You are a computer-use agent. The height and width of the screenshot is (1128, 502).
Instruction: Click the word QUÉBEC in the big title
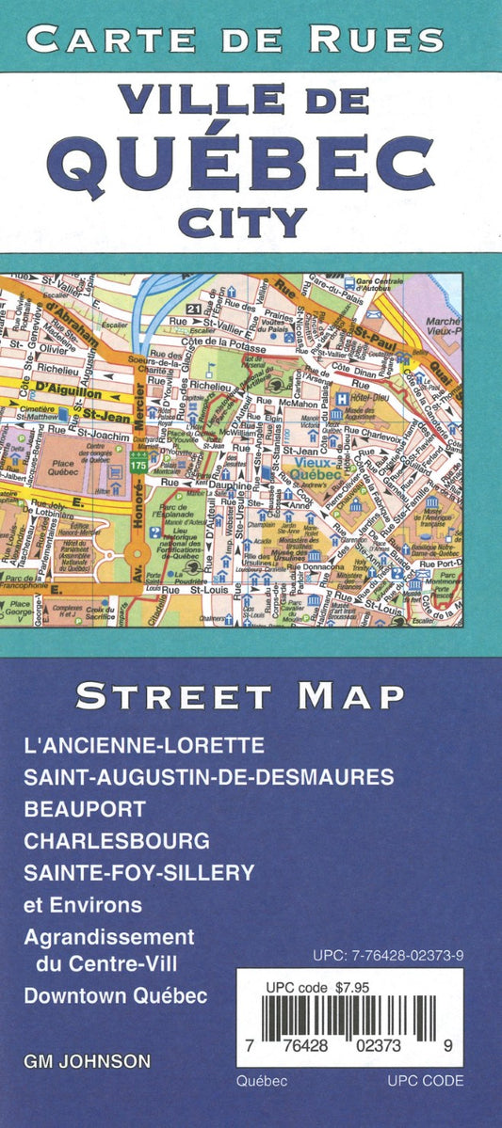(x=251, y=154)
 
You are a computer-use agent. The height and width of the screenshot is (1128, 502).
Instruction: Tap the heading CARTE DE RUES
(x=235, y=39)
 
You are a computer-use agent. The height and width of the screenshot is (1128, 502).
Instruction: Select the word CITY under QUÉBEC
(x=251, y=222)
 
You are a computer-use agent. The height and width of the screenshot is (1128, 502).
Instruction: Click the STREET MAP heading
(x=240, y=697)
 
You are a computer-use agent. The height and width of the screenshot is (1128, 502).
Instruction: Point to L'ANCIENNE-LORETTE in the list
(x=145, y=745)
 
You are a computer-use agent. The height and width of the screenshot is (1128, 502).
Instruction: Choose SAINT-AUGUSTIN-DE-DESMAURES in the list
(x=209, y=777)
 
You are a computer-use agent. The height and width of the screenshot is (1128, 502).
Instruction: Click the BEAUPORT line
(x=86, y=809)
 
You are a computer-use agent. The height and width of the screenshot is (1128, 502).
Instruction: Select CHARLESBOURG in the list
(x=118, y=841)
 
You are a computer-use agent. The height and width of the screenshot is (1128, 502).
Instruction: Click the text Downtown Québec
(x=116, y=995)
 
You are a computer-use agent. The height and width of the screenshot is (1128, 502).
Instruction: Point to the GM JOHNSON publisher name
(x=87, y=1061)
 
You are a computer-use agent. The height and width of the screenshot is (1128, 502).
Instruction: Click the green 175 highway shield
(x=139, y=465)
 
